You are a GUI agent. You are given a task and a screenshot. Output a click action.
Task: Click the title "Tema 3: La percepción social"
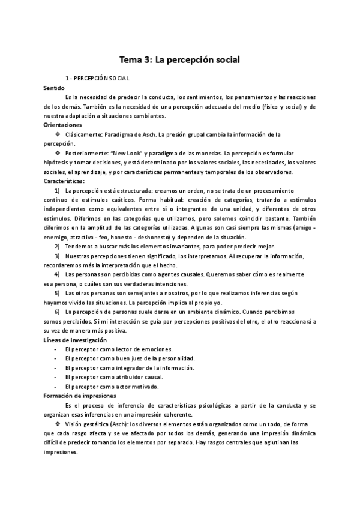click(x=180, y=60)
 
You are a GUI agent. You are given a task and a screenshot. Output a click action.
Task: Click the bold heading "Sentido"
click(x=55, y=88)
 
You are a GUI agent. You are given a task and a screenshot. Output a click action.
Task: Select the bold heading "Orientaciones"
click(x=64, y=124)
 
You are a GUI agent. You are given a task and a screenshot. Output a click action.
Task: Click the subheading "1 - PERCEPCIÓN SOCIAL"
click(x=98, y=79)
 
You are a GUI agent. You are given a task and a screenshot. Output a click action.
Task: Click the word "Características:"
click(x=64, y=181)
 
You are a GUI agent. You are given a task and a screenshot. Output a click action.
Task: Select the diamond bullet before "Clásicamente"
click(x=58, y=134)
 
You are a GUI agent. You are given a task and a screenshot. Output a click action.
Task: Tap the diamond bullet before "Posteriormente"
click(x=58, y=153)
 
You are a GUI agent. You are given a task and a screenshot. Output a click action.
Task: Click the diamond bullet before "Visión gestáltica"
click(x=58, y=424)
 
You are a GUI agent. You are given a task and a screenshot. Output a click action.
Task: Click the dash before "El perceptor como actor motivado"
click(x=56, y=387)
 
